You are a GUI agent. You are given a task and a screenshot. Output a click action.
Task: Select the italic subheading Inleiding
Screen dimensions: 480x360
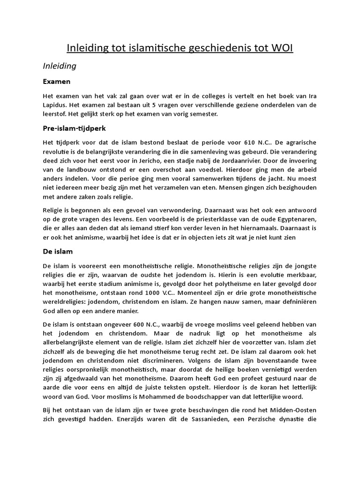click(x=60, y=66)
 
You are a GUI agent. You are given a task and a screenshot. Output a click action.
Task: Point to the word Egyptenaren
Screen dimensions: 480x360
click(x=296, y=220)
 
